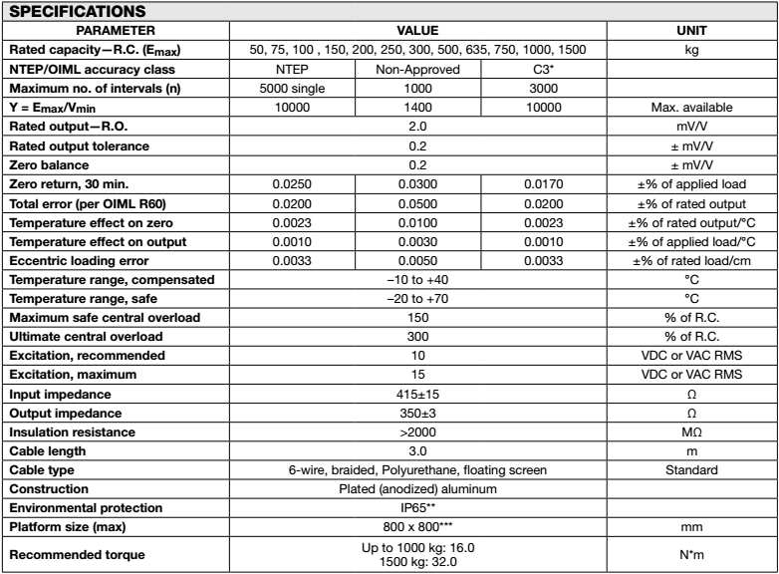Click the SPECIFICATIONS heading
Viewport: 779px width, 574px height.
click(x=68, y=12)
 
